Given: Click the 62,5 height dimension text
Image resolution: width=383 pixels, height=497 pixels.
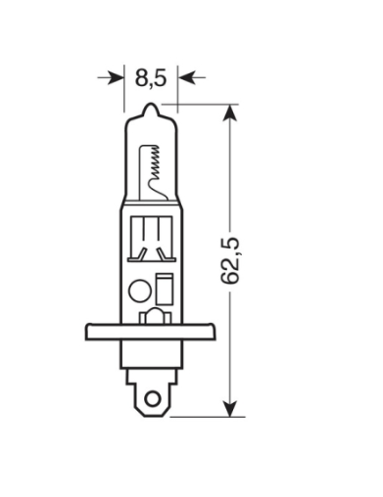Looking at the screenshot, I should coord(233,260).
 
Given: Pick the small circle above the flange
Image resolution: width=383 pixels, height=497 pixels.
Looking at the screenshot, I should coord(138,290).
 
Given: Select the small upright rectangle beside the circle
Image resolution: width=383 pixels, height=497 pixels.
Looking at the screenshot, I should coord(163,290).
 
